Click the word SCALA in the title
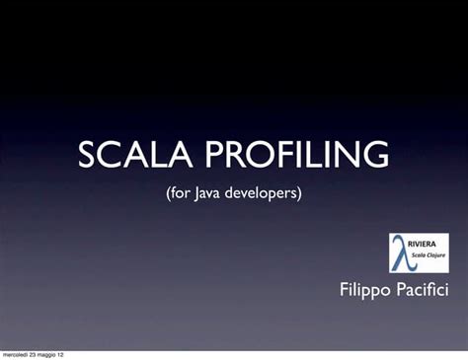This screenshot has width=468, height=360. [x=122, y=155]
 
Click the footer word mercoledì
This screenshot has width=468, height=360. [x=18, y=354]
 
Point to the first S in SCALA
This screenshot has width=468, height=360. [x=88, y=155]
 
